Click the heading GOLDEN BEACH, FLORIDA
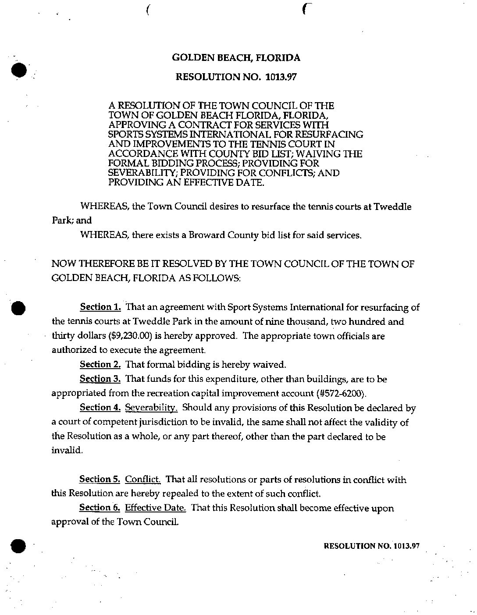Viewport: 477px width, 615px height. tap(236, 58)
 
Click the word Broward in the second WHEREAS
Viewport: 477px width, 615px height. tap(206, 235)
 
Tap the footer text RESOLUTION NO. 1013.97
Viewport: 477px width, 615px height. tap(372, 546)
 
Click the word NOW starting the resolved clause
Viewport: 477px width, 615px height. tap(62, 264)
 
